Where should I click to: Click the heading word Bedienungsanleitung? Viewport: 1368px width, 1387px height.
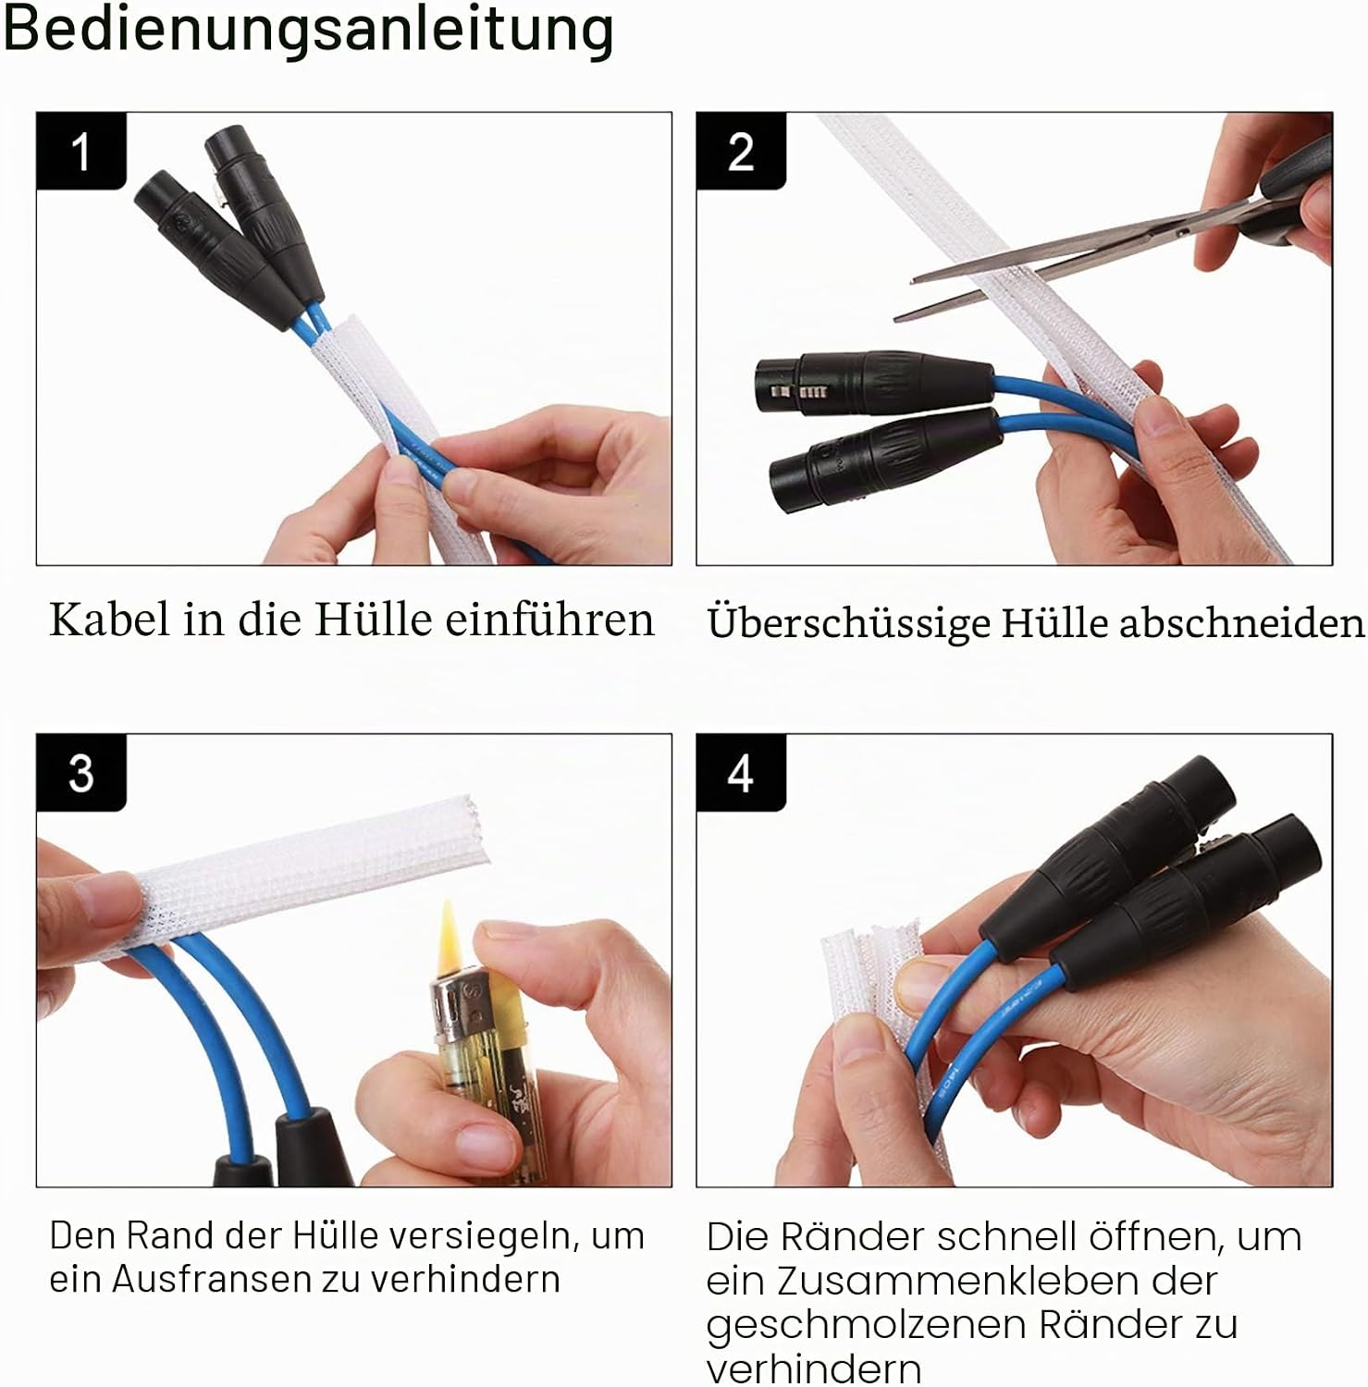click(308, 31)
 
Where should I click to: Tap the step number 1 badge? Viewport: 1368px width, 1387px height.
click(81, 152)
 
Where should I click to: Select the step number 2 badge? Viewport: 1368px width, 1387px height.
click(741, 152)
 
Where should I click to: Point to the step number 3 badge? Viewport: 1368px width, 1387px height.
click(81, 773)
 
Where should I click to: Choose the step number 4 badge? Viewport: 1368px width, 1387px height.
click(741, 773)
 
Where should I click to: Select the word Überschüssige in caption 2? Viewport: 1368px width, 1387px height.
click(847, 623)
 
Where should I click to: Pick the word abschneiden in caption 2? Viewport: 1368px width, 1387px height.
click(1242, 622)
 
